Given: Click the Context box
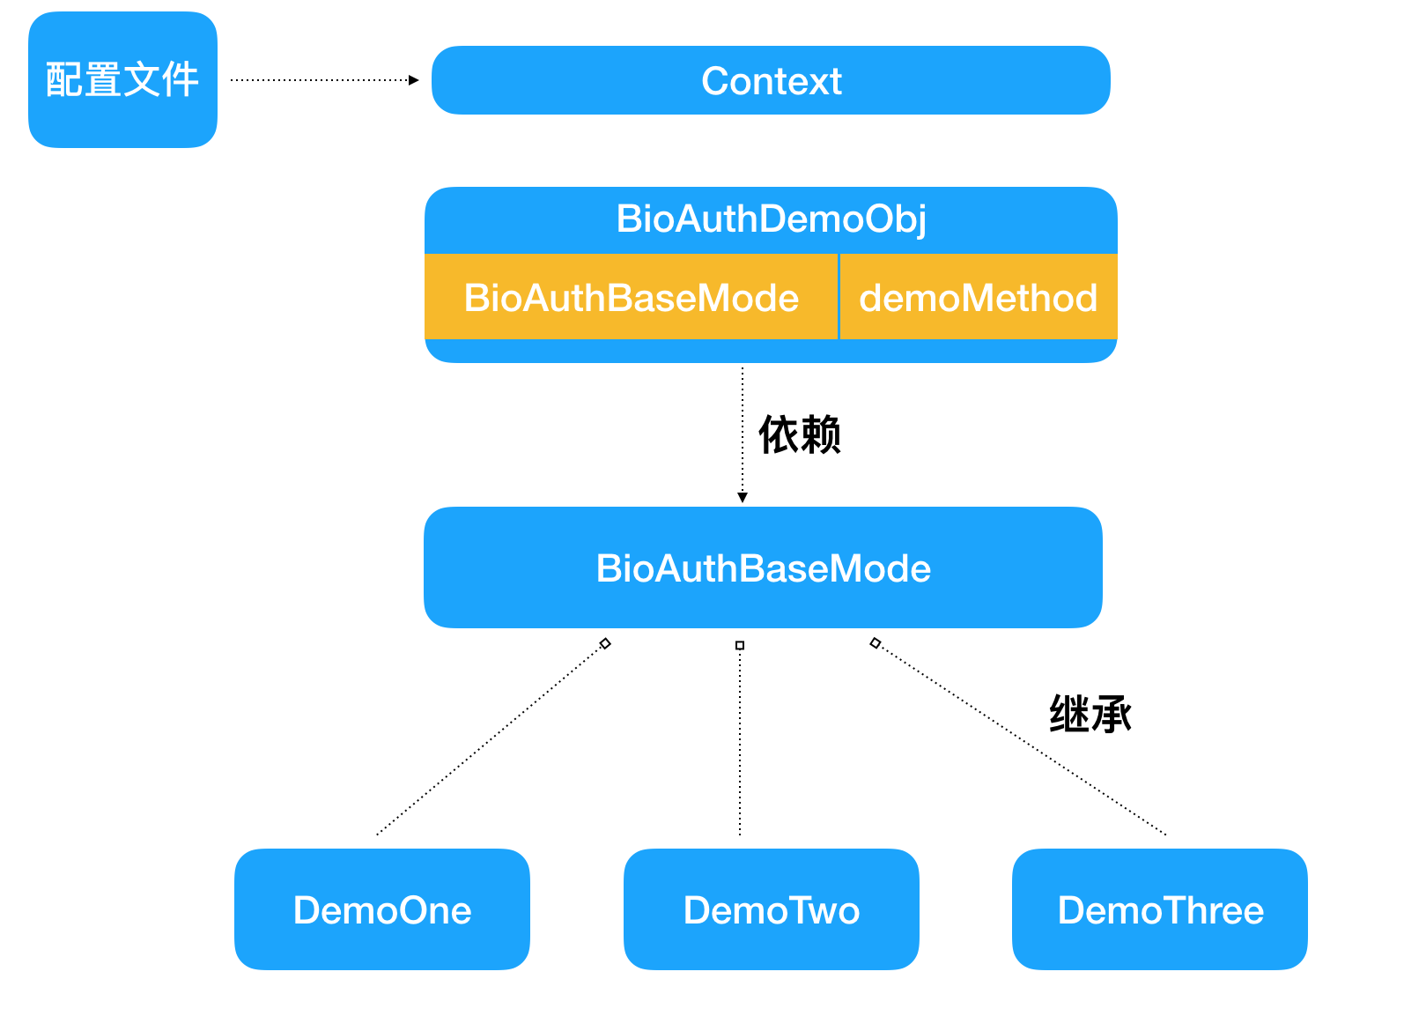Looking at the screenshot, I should pyautogui.click(x=771, y=80).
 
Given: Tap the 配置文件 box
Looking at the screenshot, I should pyautogui.click(x=122, y=79).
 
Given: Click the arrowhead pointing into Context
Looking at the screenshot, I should pyautogui.click(x=414, y=80).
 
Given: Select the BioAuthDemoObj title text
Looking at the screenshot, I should pyautogui.click(x=771, y=219).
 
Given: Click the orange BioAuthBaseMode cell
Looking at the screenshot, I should pyautogui.click(x=631, y=298).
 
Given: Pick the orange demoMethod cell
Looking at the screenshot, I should pyautogui.click(x=978, y=298).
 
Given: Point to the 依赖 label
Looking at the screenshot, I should pyautogui.click(x=800, y=434).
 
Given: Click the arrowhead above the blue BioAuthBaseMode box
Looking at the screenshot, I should pyautogui.click(x=743, y=497).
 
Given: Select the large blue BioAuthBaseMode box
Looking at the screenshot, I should pyautogui.click(x=763, y=568).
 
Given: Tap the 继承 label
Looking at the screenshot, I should pyautogui.click(x=1090, y=714).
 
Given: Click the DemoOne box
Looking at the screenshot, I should pyautogui.click(x=382, y=909).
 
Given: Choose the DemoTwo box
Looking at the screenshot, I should pyautogui.click(x=771, y=909).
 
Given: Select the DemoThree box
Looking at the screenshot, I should pyautogui.click(x=1160, y=909).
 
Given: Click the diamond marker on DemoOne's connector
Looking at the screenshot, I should pyautogui.click(x=605, y=643).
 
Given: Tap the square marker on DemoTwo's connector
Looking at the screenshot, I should pyautogui.click(x=740, y=645).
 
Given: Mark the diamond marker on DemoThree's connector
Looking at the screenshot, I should pyautogui.click(x=875, y=642).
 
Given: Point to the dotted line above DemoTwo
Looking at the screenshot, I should pyautogui.click(x=740, y=740).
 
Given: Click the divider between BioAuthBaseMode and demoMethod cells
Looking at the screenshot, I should pyautogui.click(x=839, y=297).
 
